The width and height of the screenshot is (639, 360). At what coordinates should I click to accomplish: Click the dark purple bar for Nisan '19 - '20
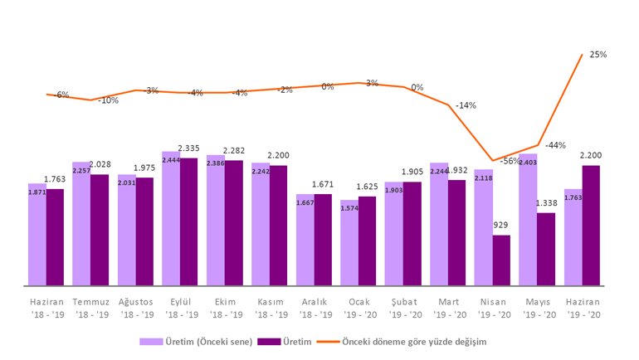[501, 260]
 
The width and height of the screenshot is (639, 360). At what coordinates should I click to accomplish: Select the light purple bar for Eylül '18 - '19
[171, 219]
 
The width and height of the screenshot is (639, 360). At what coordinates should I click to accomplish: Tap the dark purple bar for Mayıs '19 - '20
[546, 249]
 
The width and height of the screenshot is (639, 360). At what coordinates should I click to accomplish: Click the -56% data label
[510, 161]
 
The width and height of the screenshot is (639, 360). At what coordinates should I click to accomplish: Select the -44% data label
[555, 145]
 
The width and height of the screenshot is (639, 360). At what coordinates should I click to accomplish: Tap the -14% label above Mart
[466, 105]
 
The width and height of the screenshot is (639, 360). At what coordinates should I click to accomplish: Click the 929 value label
[501, 226]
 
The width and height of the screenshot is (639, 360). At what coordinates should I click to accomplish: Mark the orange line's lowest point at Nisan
[493, 161]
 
